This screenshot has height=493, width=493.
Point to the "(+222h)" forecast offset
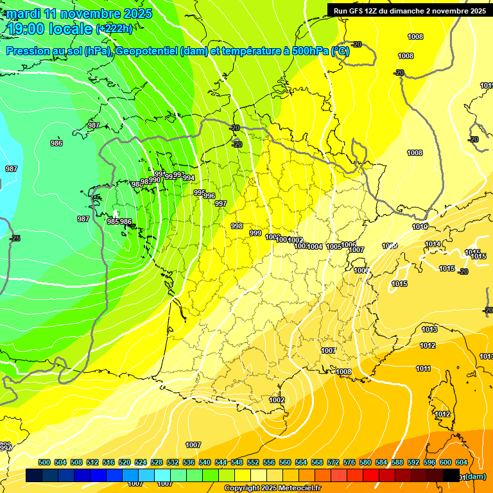114,28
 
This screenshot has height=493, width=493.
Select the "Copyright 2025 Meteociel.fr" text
272,488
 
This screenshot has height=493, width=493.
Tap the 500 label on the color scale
44,462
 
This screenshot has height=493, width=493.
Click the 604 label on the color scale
461,462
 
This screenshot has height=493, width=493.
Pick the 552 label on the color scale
253,462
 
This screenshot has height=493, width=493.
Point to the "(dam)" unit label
476,476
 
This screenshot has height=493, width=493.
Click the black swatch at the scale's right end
451,476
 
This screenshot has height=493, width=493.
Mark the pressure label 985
113,221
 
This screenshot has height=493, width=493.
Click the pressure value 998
237,226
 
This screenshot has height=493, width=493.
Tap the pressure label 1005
334,246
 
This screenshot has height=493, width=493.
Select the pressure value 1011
423,368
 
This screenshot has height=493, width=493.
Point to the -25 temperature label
15,238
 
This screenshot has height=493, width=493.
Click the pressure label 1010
420,227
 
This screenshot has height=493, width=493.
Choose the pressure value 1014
433,244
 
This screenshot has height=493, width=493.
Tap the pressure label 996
209,196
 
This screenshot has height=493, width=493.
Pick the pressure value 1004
315,246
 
